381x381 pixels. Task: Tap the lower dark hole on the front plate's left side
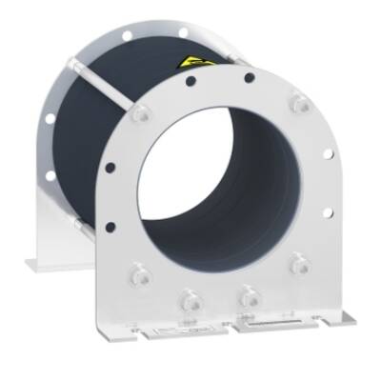[112, 227]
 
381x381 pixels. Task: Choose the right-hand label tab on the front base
[271, 328]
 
